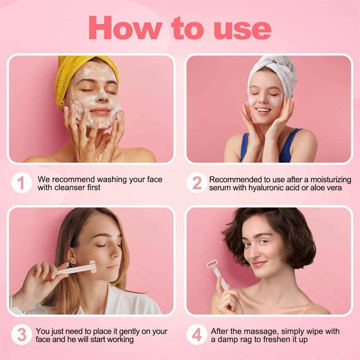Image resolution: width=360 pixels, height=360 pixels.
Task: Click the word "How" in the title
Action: click(x=125, y=28)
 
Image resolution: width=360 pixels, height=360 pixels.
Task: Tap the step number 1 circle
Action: click(x=21, y=183)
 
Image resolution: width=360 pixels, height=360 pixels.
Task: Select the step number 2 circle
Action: click(x=197, y=183)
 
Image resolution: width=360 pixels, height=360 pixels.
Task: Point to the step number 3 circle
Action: click(x=21, y=335)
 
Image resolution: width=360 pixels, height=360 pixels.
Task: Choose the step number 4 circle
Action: click(x=197, y=335)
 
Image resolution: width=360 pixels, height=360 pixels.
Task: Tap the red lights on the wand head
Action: click(x=212, y=263)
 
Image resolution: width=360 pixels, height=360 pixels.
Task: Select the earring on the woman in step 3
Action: click(x=72, y=264)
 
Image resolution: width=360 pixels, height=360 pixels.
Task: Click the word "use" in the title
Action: click(x=243, y=28)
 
